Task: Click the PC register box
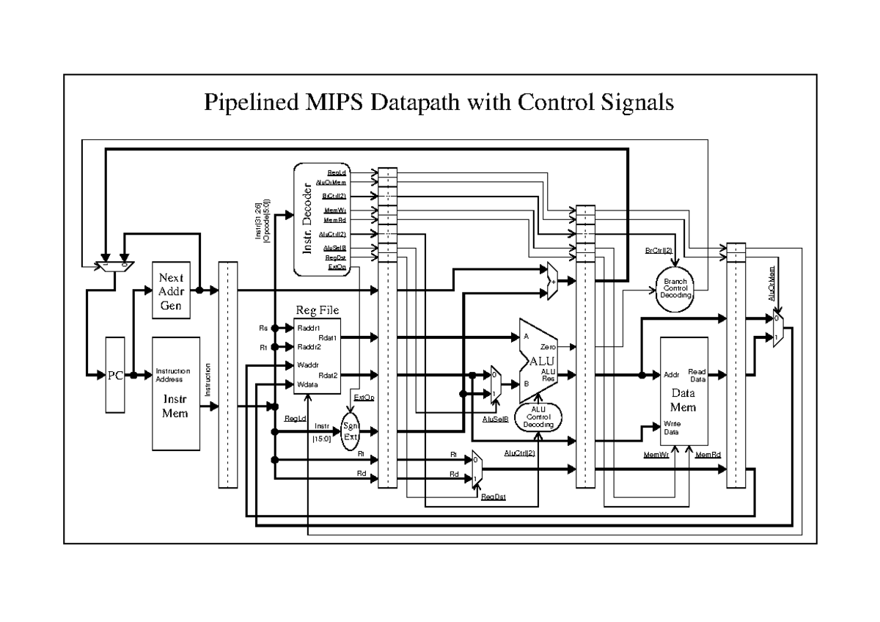(x=116, y=375)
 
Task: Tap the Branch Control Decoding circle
(x=675, y=289)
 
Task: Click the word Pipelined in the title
(x=246, y=103)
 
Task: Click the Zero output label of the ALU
(x=548, y=345)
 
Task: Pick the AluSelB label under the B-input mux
(x=496, y=419)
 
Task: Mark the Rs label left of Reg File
(x=263, y=328)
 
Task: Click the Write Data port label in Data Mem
(x=673, y=428)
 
